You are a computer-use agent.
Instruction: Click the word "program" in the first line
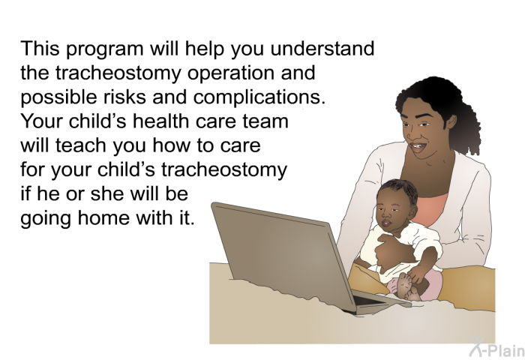[x=105, y=49]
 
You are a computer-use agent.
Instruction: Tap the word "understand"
[x=322, y=48]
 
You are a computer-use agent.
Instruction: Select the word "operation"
[x=231, y=73]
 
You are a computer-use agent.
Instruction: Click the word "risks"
[x=124, y=97]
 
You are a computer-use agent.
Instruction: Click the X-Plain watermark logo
[x=496, y=347]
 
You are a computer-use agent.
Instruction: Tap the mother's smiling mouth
[x=418, y=147]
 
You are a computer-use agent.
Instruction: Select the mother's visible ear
[x=451, y=122]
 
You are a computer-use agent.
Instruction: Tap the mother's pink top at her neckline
[x=433, y=208]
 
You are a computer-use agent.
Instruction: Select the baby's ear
[x=414, y=211]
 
